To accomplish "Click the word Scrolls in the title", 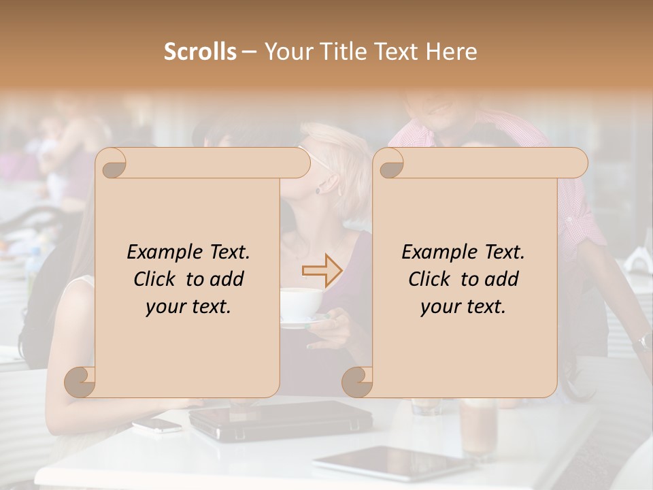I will (x=200, y=52).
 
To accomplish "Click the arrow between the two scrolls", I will (x=322, y=270).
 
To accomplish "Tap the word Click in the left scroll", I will (x=157, y=279).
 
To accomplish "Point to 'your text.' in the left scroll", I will (x=188, y=306).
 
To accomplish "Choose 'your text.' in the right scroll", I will (x=463, y=306).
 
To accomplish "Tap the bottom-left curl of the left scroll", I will (x=80, y=382).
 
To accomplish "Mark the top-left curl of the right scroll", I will (x=390, y=163).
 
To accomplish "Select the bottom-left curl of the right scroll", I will (x=358, y=382).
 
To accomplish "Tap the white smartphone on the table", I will (x=156, y=425).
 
